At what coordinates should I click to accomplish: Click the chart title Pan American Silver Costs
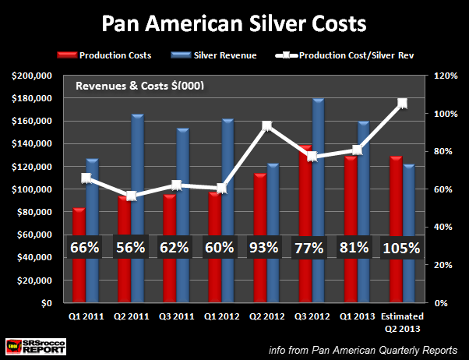click(x=234, y=23)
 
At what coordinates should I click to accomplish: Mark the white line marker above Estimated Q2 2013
click(x=402, y=103)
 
